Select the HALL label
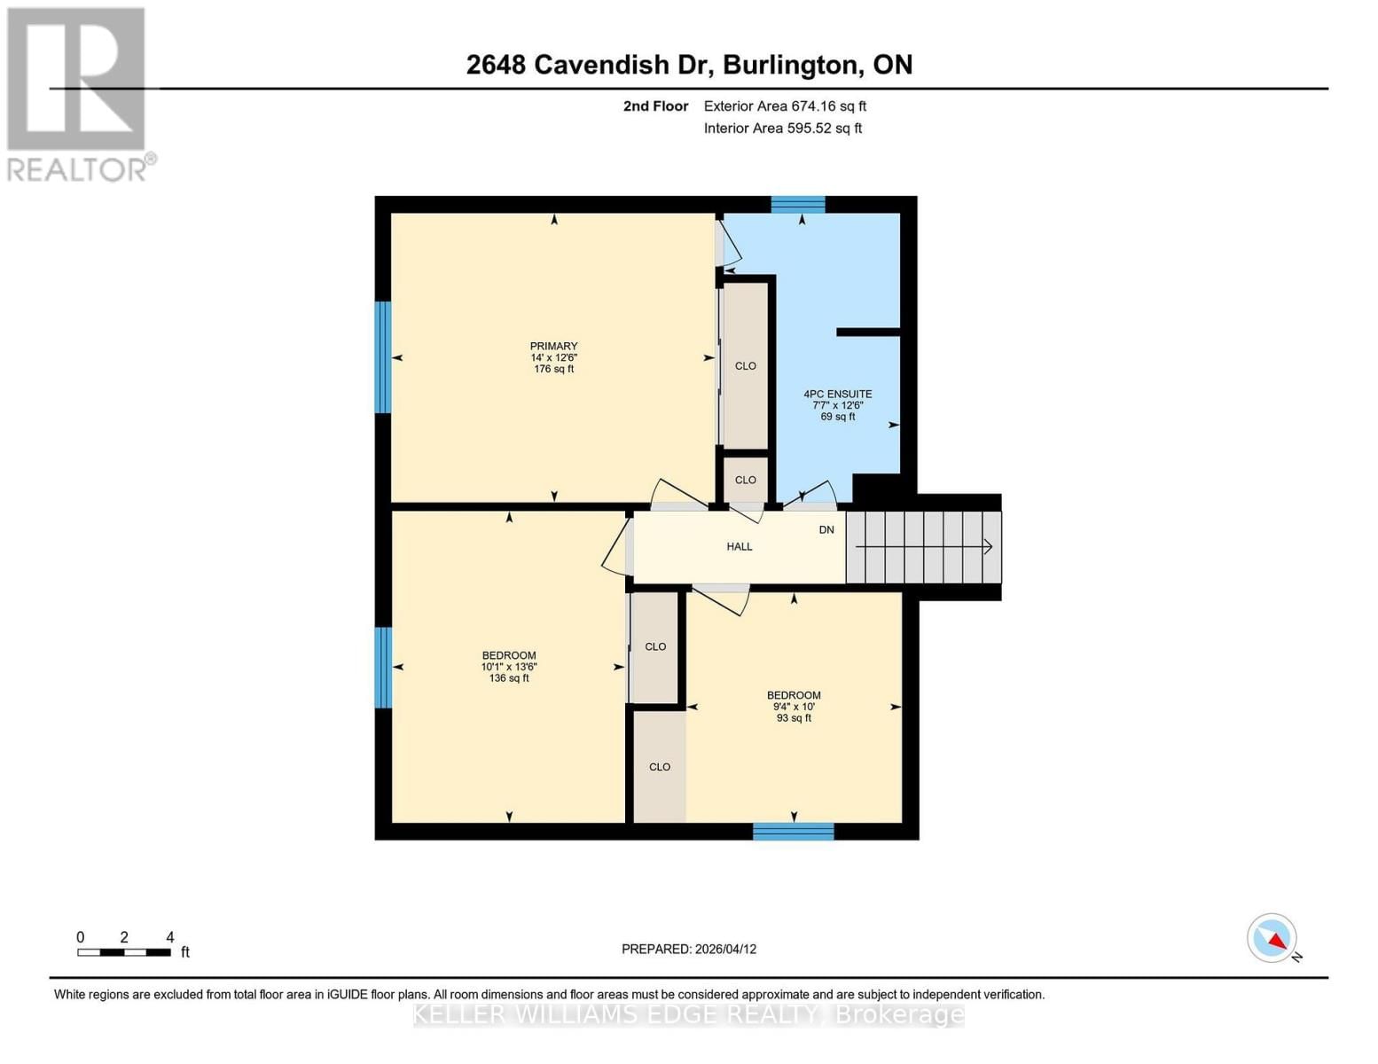(x=739, y=547)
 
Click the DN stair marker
(x=826, y=530)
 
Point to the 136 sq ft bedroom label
(x=509, y=667)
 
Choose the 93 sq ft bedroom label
(x=794, y=707)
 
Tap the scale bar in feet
(x=124, y=952)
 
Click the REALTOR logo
(x=78, y=94)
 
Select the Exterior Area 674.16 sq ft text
(x=785, y=106)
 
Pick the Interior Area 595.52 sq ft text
(x=783, y=129)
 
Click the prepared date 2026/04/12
(x=689, y=949)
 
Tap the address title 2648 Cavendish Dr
(x=689, y=65)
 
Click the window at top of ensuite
(x=798, y=205)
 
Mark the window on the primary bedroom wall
(x=383, y=357)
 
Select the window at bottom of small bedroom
(x=794, y=832)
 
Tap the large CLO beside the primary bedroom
(x=745, y=365)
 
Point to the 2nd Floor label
(x=655, y=106)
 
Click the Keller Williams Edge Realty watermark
(x=689, y=1014)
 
